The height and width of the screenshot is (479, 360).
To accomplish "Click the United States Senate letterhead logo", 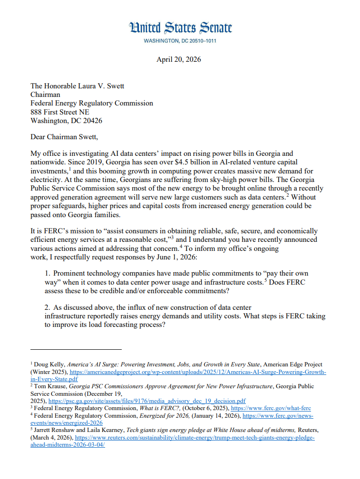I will (x=180, y=28).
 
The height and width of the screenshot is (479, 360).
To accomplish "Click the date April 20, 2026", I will (x=179, y=59).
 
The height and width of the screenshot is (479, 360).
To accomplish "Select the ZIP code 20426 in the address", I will (x=92, y=120).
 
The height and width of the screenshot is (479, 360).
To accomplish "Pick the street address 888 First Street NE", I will (x=59, y=112).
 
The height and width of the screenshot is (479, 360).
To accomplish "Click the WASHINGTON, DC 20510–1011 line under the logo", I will (x=180, y=41).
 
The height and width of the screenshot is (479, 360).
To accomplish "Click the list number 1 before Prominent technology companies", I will (x=47, y=273).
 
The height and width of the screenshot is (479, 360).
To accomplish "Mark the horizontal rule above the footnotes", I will (x=76, y=349).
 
